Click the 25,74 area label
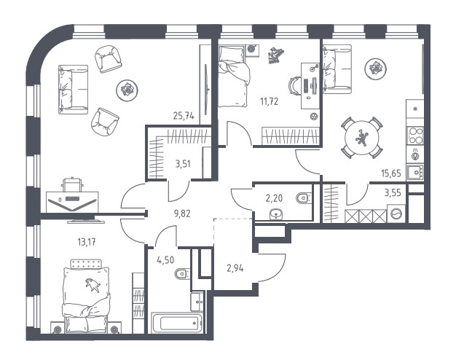click(x=184, y=116)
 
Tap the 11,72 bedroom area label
click(x=270, y=101)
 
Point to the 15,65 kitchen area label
click(x=391, y=173)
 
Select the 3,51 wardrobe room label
click(x=183, y=164)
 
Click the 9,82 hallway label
click(x=182, y=214)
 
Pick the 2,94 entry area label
click(x=235, y=268)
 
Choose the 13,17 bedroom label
click(x=87, y=242)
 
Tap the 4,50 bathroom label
click(x=165, y=259)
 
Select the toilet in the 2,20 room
click(x=304, y=198)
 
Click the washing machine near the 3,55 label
click(x=396, y=214)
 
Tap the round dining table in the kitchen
click(x=362, y=138)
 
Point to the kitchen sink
click(x=415, y=172)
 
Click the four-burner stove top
click(x=415, y=136)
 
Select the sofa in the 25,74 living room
click(x=73, y=90)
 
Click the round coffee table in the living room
click(x=127, y=90)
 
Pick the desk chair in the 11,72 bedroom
click(x=294, y=86)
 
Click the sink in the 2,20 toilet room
click(x=275, y=214)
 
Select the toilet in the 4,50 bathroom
click(x=182, y=273)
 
